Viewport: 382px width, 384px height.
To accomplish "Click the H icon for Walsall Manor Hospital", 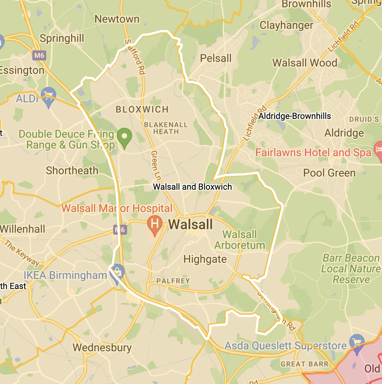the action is click(155, 223).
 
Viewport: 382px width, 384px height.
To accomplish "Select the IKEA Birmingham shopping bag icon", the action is click(117, 272).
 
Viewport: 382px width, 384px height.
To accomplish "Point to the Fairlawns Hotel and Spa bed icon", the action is click(378, 148).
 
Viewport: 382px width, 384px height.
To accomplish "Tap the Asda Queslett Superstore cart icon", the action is click(357, 341).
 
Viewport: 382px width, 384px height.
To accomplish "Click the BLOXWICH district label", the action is click(142, 110).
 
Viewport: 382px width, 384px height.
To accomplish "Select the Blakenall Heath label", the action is click(166, 128).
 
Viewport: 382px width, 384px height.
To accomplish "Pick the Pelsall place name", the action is click(216, 58).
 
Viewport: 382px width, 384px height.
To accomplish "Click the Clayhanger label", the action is click(286, 25).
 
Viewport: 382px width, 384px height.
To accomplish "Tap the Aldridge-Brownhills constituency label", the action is click(295, 116).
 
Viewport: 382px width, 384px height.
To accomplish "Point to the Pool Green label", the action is click(329, 173).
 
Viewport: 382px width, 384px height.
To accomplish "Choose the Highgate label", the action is click(205, 259).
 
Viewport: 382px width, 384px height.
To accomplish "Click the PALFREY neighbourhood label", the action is click(173, 281).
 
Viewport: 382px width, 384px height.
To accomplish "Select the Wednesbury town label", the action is click(102, 348).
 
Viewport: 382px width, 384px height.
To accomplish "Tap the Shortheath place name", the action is click(72, 170).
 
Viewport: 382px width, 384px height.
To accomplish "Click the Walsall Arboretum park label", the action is click(240, 240).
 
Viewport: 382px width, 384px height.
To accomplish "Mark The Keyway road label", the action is click(22, 252).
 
